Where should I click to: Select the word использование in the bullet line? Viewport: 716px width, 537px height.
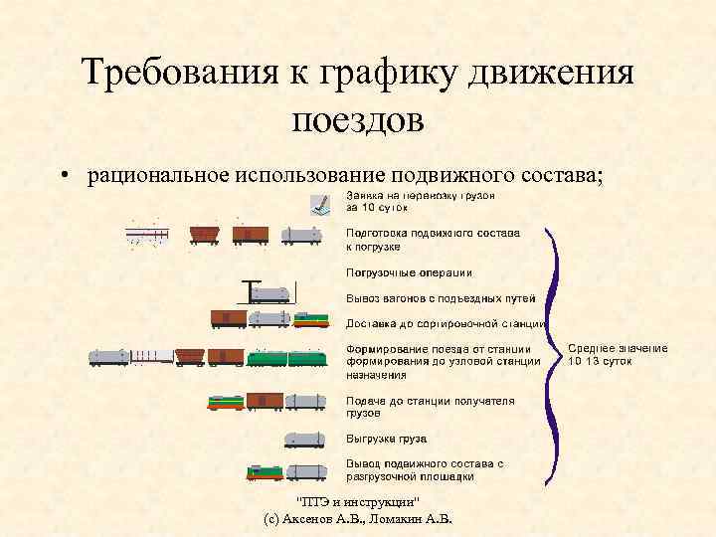[x=311, y=175]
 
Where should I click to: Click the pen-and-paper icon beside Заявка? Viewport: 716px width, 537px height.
[x=321, y=204]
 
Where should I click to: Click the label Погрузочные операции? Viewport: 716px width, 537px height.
[x=409, y=271]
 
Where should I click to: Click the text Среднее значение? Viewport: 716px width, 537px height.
[x=618, y=348]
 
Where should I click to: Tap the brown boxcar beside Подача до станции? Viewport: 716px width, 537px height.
[x=264, y=401]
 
